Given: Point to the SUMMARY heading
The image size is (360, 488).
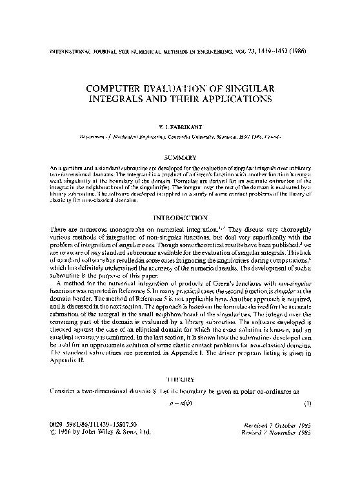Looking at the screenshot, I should click(180, 157).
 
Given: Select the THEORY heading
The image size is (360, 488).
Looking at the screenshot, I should click(180, 380).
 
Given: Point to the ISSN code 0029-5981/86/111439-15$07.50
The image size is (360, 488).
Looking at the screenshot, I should click(83, 458).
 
